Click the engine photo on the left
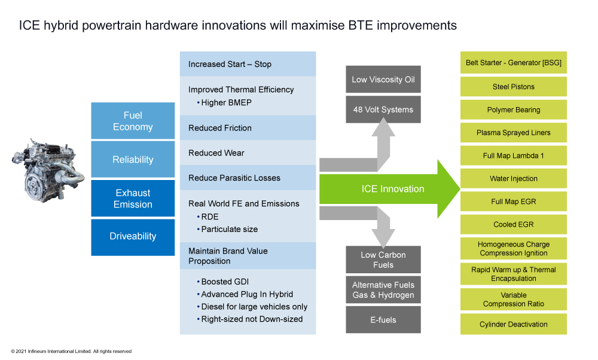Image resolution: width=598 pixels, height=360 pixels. point(48,170)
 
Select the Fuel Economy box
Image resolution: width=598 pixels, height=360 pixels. point(133,121)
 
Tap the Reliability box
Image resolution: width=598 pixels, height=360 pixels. point(133,160)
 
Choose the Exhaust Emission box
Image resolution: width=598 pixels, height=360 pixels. point(133,199)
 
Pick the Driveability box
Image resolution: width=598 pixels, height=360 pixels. point(133,237)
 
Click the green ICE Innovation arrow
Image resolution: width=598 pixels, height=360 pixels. point(390,189)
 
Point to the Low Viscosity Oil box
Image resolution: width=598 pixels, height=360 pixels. point(383,80)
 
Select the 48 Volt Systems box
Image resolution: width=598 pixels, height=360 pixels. point(383,109)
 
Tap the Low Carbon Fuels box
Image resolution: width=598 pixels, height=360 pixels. point(383,260)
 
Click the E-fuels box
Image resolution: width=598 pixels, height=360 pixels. point(383,319)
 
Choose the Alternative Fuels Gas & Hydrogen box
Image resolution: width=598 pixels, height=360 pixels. point(383,290)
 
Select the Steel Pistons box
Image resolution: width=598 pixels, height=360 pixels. point(513,87)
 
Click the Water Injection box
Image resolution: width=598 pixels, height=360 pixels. point(513,178)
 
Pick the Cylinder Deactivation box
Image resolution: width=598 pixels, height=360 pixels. point(513,324)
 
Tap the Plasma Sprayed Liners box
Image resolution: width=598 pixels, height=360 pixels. point(513,133)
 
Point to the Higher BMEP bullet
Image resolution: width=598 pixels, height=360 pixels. point(224,103)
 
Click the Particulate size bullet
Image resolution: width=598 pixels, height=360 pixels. point(227,229)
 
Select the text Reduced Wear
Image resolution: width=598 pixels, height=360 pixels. point(216,153)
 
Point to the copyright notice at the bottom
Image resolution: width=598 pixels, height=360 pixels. point(71,351)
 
